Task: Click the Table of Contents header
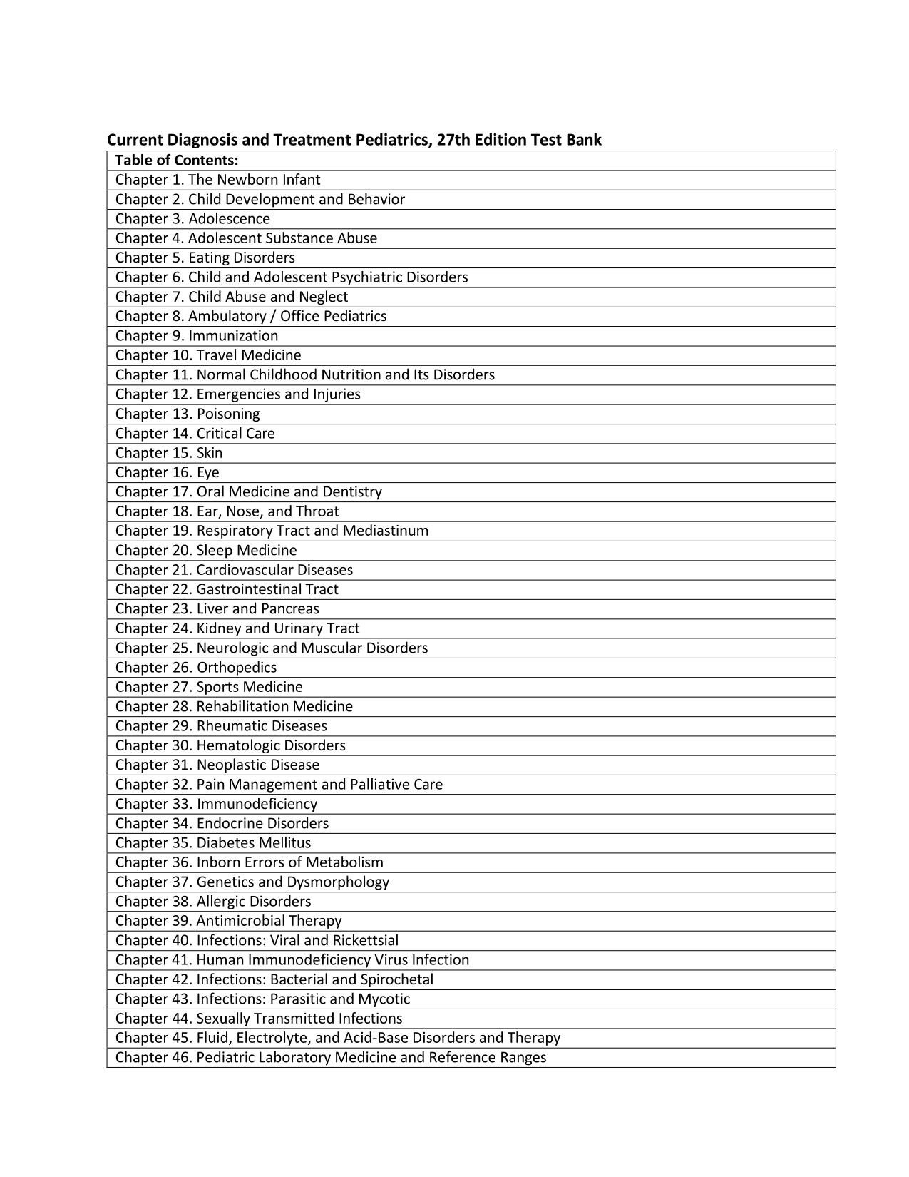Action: [x=177, y=160]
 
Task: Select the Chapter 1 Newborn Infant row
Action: [x=217, y=180]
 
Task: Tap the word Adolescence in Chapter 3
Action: [x=229, y=219]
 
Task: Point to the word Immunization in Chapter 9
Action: [x=233, y=336]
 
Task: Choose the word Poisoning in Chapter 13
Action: [x=228, y=414]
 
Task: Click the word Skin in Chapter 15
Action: [x=210, y=453]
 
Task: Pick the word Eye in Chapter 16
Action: [x=208, y=472]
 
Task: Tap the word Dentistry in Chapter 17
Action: [x=352, y=492]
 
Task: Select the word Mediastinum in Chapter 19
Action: [x=386, y=531]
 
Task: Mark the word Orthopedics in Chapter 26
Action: [x=237, y=668]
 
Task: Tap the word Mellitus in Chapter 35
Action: [x=285, y=843]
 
